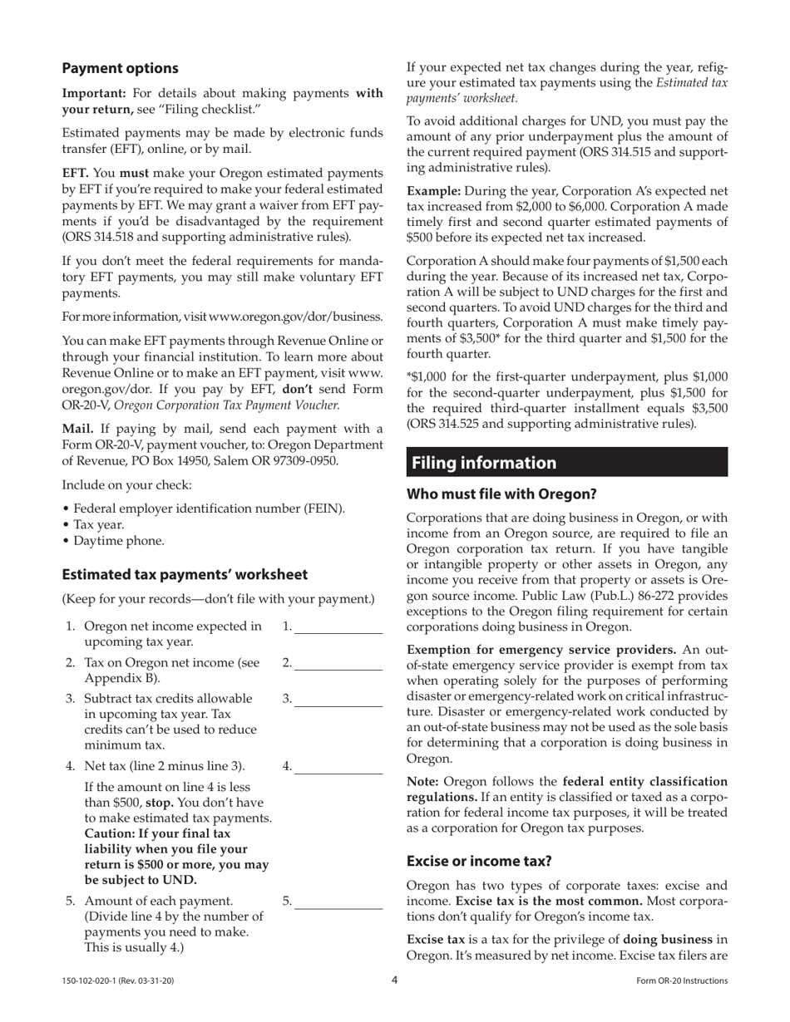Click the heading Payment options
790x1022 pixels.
pos(120,68)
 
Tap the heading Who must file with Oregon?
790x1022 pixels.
pos(501,494)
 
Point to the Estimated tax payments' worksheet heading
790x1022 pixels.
pos(185,574)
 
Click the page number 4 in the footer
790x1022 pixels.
pos(395,980)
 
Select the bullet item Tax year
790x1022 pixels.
pos(98,524)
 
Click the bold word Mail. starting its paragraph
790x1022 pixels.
pos(78,429)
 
